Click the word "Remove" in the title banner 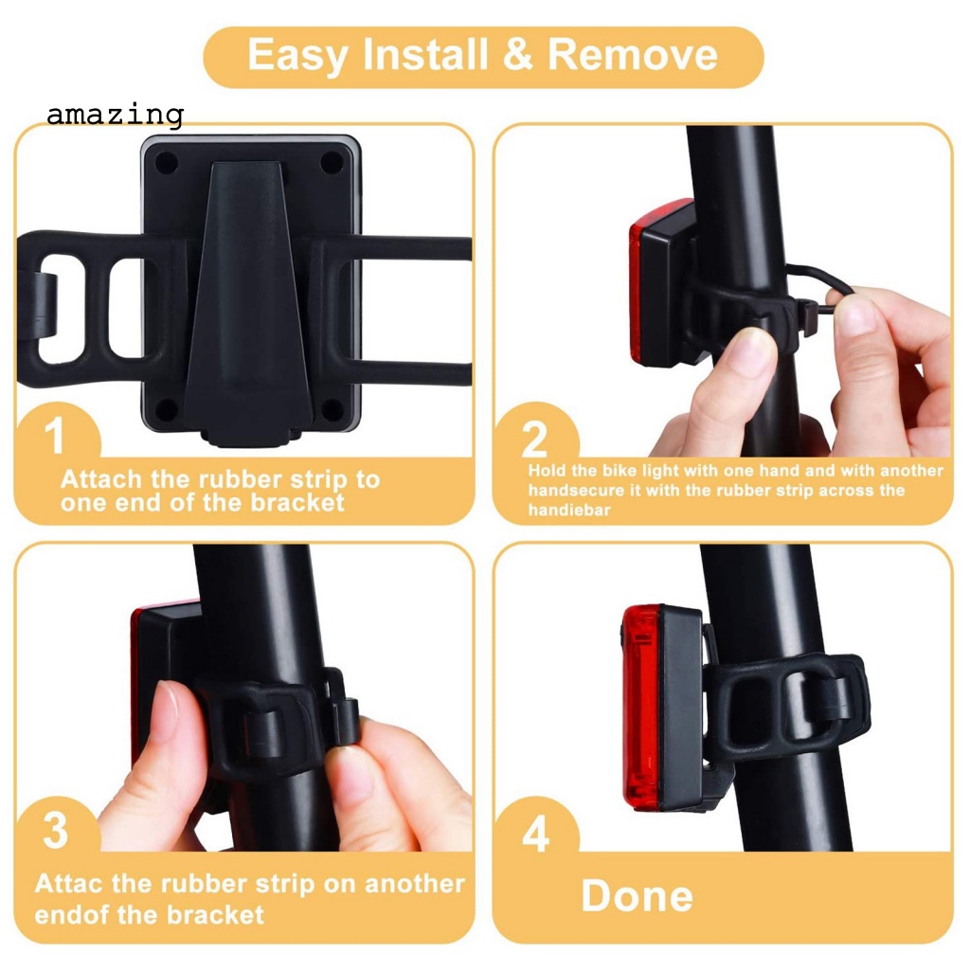(632, 56)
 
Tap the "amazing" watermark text (114, 116)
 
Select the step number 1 (56, 439)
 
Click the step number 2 (535, 440)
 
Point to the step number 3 (56, 831)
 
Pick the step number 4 (535, 834)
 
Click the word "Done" (637, 896)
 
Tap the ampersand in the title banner (518, 56)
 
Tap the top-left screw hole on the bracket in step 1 (167, 162)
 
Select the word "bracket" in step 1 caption (297, 503)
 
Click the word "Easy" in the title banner (299, 56)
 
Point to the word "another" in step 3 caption (414, 885)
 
